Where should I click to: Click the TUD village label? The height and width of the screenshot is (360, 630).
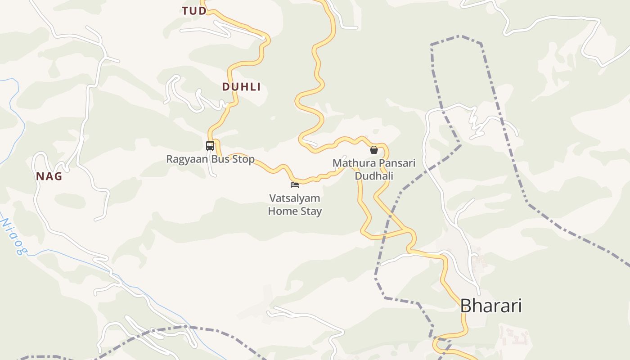(194, 11)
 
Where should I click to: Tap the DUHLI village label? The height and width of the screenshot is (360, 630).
(241, 87)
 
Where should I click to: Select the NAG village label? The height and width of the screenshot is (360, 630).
(49, 176)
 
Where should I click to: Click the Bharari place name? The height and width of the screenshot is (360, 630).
(490, 306)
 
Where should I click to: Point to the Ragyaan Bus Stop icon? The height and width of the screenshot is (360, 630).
(210, 146)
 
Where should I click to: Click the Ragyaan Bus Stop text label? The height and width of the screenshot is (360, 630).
(210, 159)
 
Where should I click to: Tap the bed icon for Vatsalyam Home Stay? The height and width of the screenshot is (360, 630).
(295, 184)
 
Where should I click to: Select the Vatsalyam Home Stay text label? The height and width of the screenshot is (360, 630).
(295, 204)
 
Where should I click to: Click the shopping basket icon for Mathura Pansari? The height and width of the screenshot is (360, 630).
(374, 150)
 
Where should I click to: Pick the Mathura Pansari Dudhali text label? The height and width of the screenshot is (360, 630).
(374, 169)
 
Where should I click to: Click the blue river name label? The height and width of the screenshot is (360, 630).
(12, 236)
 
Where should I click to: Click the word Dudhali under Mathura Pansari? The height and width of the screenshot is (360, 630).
(374, 175)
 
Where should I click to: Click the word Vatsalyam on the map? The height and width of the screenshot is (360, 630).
(295, 198)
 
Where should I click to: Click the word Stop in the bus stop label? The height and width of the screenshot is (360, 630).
(243, 159)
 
